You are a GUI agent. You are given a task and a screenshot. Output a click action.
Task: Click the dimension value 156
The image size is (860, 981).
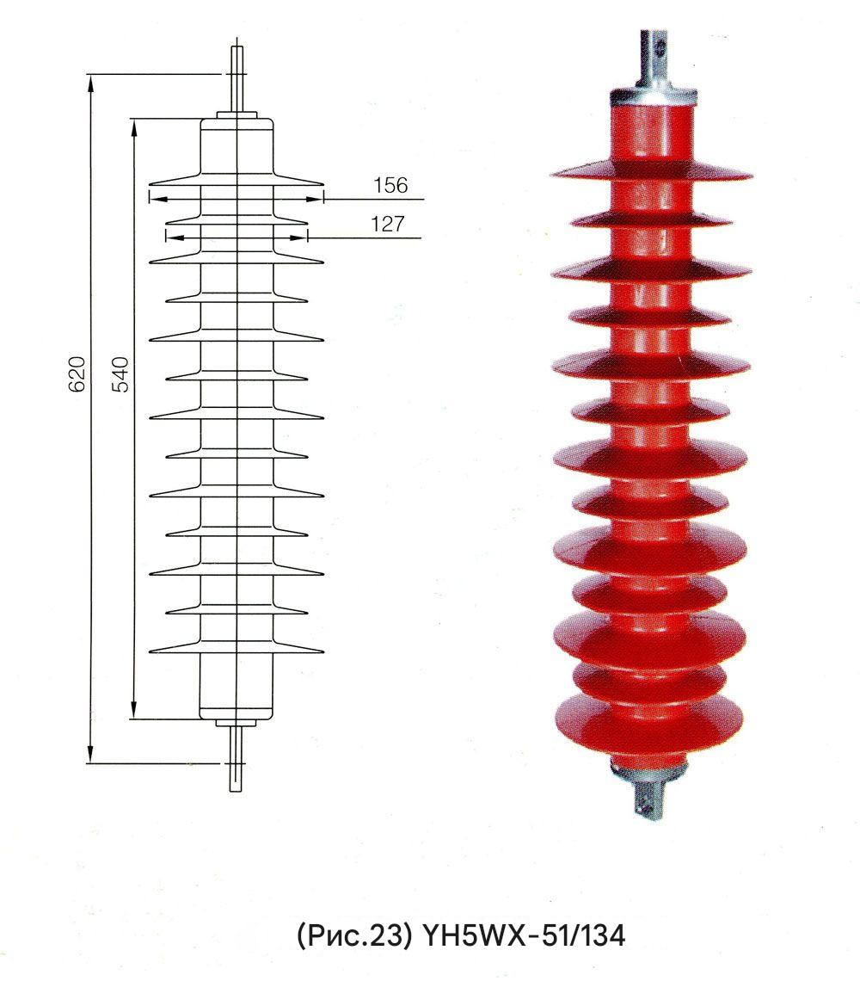(390, 185)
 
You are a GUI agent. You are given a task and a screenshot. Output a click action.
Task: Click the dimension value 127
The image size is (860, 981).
(389, 224)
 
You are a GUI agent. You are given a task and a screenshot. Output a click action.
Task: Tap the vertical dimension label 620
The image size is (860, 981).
(76, 374)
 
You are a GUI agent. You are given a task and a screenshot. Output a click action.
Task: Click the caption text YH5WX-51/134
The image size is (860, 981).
(524, 936)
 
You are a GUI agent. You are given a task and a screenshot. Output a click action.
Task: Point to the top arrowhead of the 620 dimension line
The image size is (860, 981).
(91, 82)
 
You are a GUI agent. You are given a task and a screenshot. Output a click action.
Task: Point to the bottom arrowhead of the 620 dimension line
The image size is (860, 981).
(91, 754)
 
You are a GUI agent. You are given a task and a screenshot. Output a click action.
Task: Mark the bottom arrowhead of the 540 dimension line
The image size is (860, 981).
(133, 710)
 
